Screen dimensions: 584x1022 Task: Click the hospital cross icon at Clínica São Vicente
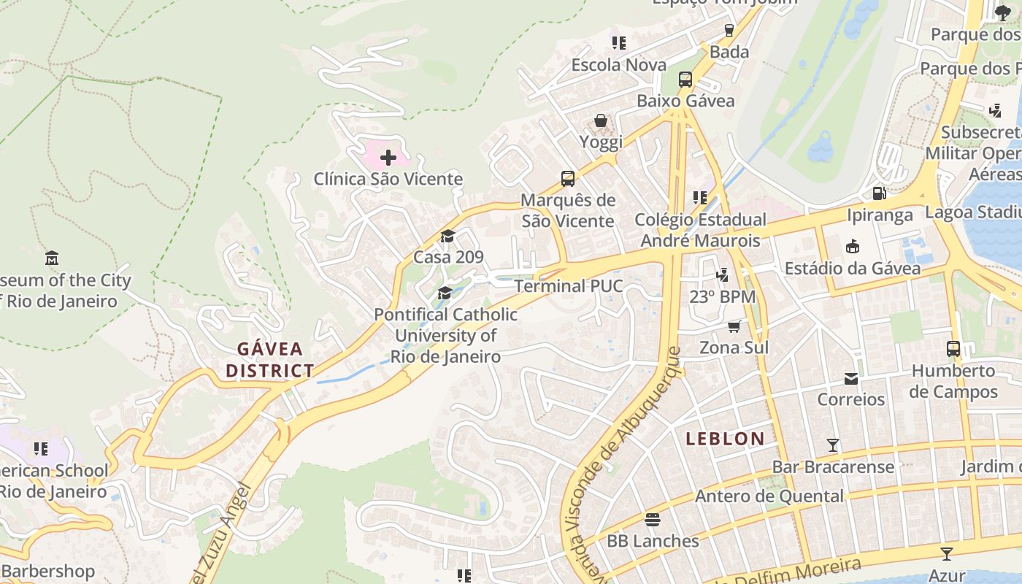coord(388,157)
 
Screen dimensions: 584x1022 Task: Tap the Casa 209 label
coord(448,257)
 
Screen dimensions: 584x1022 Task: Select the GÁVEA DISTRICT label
coord(269,359)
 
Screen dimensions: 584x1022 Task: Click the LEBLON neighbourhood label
coord(725,439)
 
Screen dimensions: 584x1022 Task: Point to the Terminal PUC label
coord(569,285)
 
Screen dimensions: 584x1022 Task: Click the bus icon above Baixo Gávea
coord(685,80)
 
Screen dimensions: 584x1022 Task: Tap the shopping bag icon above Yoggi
coord(601,120)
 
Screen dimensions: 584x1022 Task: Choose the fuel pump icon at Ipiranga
coord(880,193)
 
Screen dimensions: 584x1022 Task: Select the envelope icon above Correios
coord(851,378)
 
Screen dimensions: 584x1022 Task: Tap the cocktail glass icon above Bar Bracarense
coord(832,445)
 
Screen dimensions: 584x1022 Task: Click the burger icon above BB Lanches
coord(653,520)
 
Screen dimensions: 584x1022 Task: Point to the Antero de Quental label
coord(769,496)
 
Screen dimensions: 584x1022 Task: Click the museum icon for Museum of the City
coord(51,258)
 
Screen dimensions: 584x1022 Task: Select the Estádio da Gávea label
coord(853,268)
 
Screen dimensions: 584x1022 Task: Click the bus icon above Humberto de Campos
coord(953,349)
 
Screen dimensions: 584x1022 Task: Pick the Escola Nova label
coord(618,65)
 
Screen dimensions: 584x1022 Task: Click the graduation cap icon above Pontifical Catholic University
coord(445,293)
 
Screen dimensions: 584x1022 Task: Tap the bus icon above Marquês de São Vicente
coord(567,178)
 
